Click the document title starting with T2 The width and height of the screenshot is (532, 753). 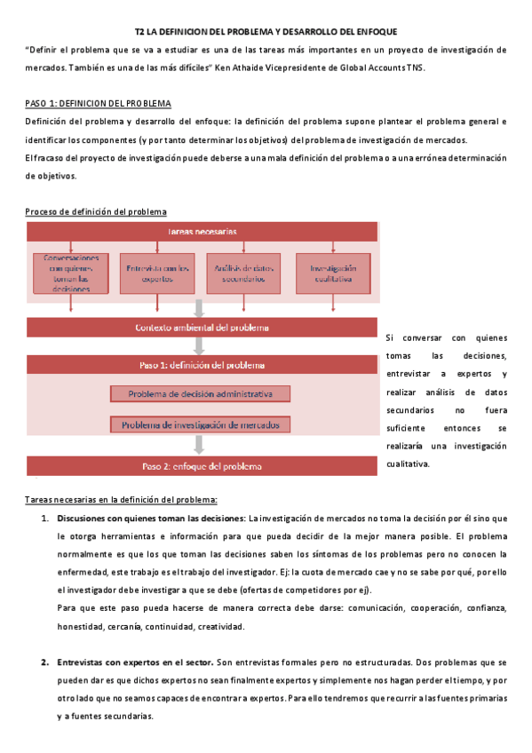tap(266, 31)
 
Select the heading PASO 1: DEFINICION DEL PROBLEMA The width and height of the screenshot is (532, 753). tap(99, 103)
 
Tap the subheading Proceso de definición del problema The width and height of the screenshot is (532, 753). tap(95, 211)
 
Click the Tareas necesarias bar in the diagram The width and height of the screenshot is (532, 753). tap(202, 232)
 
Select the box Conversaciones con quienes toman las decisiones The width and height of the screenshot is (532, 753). tap(71, 273)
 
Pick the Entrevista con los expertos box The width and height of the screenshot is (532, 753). tap(157, 273)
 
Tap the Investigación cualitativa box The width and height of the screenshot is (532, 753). tap(331, 273)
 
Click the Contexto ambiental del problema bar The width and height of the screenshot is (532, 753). tap(202, 328)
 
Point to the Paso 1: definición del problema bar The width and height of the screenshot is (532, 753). tap(202, 364)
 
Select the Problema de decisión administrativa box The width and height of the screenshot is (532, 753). tap(200, 393)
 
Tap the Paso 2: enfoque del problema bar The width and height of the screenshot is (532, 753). tap(202, 466)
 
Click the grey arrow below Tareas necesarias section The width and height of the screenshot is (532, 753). tap(200, 308)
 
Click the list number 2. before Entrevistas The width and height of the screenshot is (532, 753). tap(44, 662)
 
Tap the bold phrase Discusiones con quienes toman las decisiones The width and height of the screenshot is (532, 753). tap(151, 518)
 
